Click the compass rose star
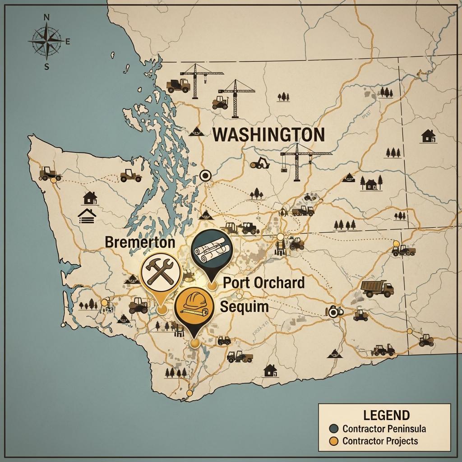pyautogui.click(x=45, y=41)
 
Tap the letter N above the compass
pyautogui.click(x=46, y=18)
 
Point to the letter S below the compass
pyautogui.click(x=46, y=66)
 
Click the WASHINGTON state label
pyautogui.click(x=268, y=135)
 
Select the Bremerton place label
pyautogui.click(x=140, y=242)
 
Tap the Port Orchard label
pyautogui.click(x=263, y=283)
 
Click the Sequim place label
pyautogui.click(x=244, y=307)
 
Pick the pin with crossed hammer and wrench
pyautogui.click(x=158, y=273)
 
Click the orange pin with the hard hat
pyautogui.click(x=193, y=305)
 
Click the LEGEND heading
pyautogui.click(x=386, y=415)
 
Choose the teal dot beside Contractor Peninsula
pyautogui.click(x=334, y=428)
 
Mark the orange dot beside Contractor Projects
pyautogui.click(x=334, y=441)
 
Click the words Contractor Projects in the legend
pyautogui.click(x=380, y=441)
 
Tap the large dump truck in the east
pyautogui.click(x=377, y=288)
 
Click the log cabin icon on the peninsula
pyautogui.click(x=87, y=216)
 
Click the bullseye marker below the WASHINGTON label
pyautogui.click(x=205, y=175)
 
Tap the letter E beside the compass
pyautogui.click(x=68, y=42)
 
